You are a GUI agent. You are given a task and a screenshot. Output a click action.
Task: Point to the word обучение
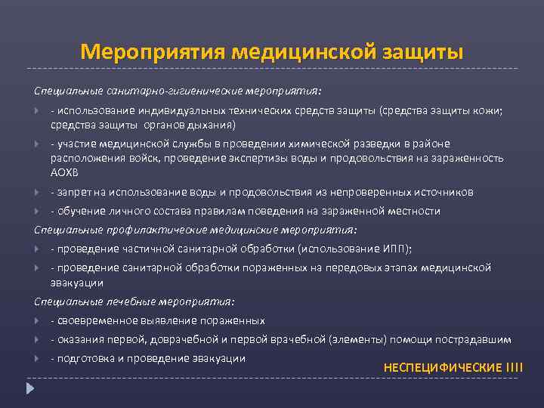81,211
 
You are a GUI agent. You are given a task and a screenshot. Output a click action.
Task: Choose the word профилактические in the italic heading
136,229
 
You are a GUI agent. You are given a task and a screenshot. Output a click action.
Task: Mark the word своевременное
95,320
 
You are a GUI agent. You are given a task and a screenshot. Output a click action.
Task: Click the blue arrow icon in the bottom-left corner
30,389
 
